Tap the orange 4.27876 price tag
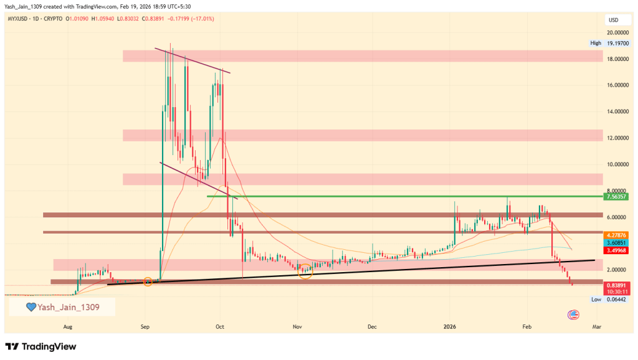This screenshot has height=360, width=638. pos(615,235)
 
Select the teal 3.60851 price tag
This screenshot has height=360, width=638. pos(615,242)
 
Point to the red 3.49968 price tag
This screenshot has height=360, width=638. pos(615,250)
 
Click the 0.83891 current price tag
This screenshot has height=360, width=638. pos(615,285)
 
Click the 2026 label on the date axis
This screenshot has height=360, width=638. pos(450,326)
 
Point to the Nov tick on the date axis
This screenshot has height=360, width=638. pos(297,326)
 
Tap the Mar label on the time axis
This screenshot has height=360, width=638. pos(596,326)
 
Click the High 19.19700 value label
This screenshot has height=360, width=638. pos(606,43)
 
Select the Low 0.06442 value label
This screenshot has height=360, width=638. pos(606,300)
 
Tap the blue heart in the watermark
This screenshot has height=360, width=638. pos(30,307)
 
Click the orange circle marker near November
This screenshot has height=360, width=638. pos(305,271)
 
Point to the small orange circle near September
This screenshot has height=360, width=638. pos(148,282)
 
